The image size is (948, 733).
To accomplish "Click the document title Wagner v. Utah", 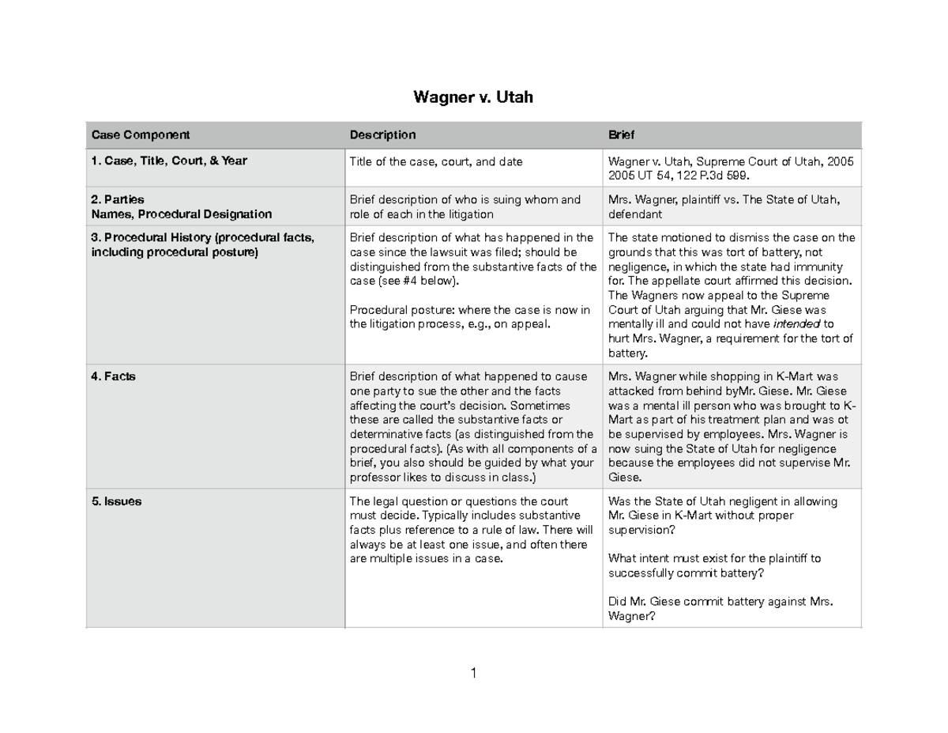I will [x=473, y=98].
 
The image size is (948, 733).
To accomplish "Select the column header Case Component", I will [x=141, y=135].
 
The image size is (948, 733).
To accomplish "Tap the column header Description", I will [x=382, y=135].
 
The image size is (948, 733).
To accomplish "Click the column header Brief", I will [x=621, y=135].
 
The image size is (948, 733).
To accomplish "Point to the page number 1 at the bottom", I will [x=473, y=674].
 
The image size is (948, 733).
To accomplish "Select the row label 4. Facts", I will [x=114, y=377].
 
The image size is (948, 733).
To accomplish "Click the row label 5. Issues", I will [x=117, y=501].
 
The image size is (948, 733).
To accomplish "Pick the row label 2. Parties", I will [x=118, y=199].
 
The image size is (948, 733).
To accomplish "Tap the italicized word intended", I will [x=796, y=324].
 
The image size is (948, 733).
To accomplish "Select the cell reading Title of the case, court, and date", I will [x=436, y=161].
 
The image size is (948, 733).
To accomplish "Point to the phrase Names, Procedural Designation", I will [x=181, y=213].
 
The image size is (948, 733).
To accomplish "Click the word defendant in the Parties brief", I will [x=634, y=214].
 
